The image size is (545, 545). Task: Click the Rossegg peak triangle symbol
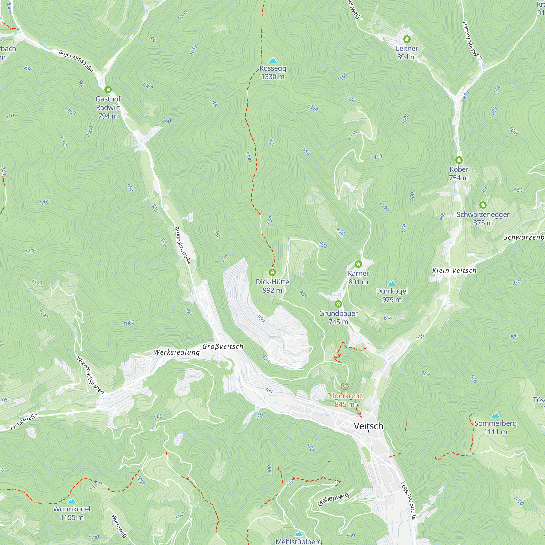pyautogui.click(x=272, y=60)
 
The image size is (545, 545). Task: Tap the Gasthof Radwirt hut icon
pyautogui.click(x=108, y=90)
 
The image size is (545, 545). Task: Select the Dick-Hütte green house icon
pyautogui.click(x=272, y=272)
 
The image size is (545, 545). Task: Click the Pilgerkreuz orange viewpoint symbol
pyautogui.click(x=344, y=386)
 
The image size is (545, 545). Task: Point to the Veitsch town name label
pyautogui.click(x=368, y=426)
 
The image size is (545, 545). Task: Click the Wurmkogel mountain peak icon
pyautogui.click(x=72, y=501)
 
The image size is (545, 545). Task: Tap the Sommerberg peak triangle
pyautogui.click(x=495, y=416)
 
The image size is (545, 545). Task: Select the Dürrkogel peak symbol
pyautogui.click(x=392, y=283)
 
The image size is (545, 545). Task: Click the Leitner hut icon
pyautogui.click(x=407, y=39)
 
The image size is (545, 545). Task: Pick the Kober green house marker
pyautogui.click(x=459, y=160)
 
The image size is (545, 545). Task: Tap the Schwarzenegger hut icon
pyautogui.click(x=483, y=205)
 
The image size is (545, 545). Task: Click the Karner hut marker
pyautogui.click(x=358, y=264)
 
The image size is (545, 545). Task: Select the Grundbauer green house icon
pyautogui.click(x=338, y=304)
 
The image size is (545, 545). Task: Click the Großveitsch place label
pyautogui.click(x=223, y=346)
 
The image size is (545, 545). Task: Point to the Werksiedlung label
pyautogui.click(x=177, y=352)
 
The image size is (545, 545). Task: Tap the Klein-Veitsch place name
pyautogui.click(x=454, y=271)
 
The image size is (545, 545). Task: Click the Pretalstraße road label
pyautogui.click(x=24, y=422)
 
